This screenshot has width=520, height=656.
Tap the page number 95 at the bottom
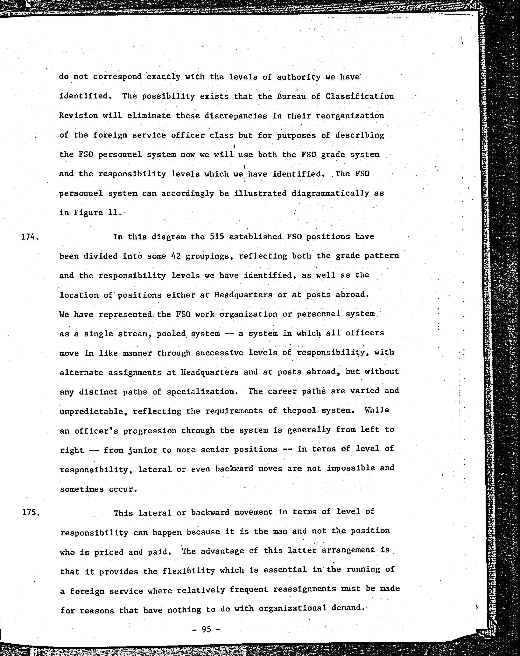coord(206,629)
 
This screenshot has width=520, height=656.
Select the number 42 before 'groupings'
coord(176,256)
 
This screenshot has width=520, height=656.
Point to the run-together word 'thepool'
coord(295,411)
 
